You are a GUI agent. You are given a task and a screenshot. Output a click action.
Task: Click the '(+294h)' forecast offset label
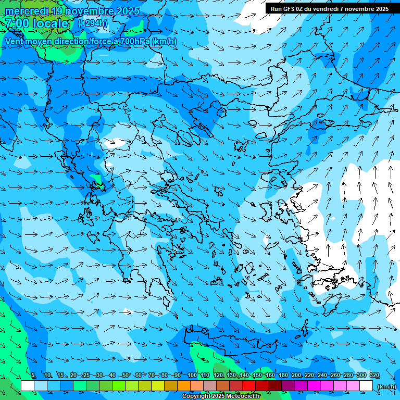(93, 23)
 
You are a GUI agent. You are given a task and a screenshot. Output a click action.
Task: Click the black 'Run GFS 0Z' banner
(329, 9)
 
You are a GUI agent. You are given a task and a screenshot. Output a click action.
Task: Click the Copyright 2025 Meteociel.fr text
(221, 396)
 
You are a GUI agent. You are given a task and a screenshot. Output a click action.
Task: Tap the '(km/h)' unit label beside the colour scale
(386, 386)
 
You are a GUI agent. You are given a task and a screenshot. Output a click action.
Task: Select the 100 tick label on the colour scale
(192, 376)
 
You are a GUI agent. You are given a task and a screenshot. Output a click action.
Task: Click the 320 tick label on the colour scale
(374, 376)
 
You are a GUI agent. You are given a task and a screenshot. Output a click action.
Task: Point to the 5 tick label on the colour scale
(33, 376)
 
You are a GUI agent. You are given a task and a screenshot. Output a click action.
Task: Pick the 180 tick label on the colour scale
(283, 376)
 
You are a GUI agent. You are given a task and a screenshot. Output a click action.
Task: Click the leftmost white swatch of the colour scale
(28, 386)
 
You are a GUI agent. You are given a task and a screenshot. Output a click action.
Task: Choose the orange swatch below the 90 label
(184, 386)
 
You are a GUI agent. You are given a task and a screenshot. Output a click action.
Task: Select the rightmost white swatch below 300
(366, 386)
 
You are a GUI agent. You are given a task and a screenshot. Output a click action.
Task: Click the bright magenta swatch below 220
(314, 386)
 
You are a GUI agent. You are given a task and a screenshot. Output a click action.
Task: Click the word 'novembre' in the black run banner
(359, 9)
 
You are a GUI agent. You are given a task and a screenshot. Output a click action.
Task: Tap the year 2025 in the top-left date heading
(127, 11)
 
